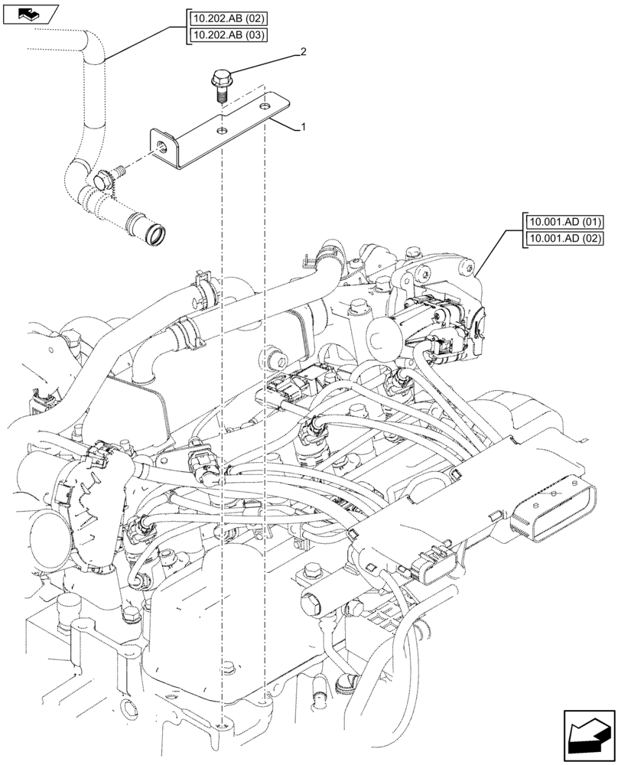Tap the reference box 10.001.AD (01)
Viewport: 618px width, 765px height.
click(x=564, y=222)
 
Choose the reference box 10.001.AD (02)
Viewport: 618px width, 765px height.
click(x=564, y=239)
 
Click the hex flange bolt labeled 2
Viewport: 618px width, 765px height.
click(x=220, y=83)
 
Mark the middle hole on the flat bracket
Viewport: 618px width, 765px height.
click(x=222, y=132)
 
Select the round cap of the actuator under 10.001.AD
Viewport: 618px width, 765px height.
click(x=382, y=332)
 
